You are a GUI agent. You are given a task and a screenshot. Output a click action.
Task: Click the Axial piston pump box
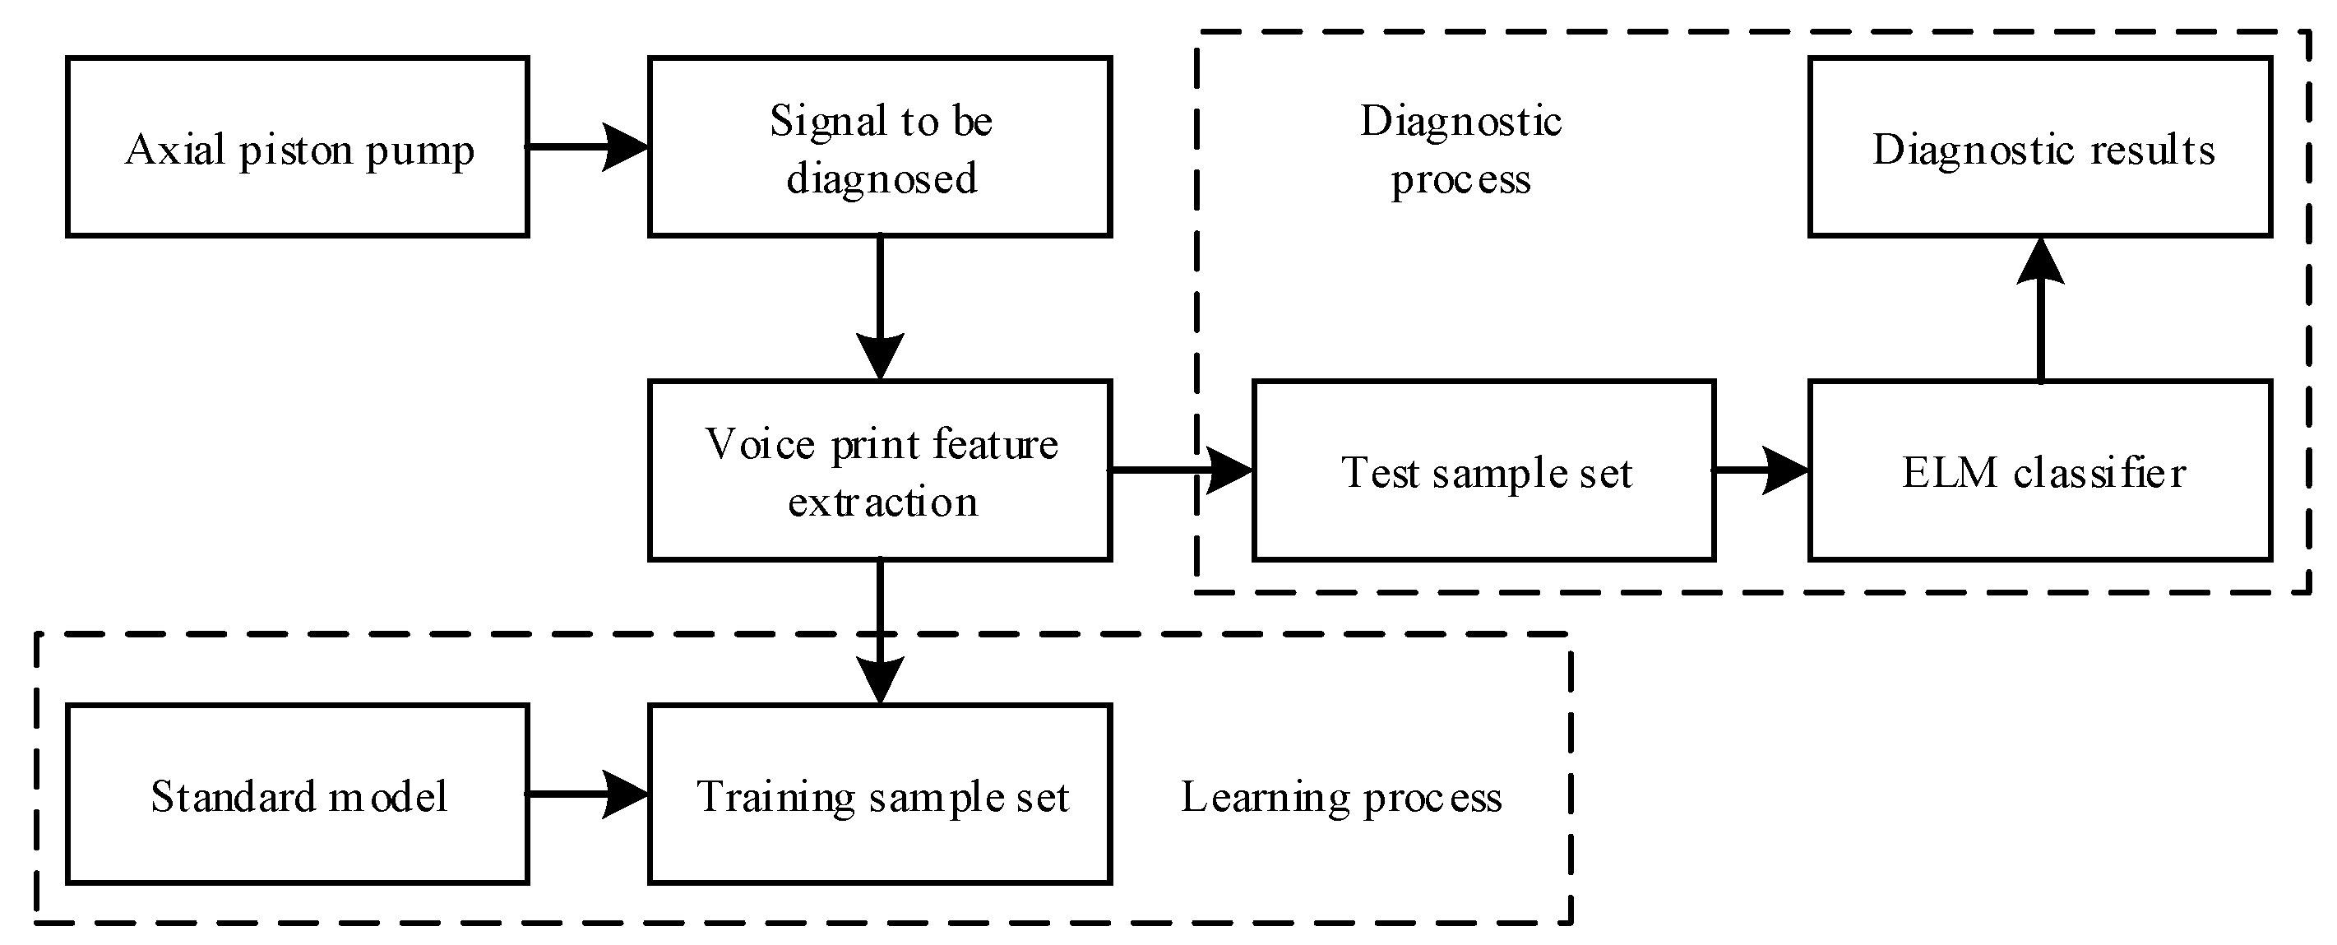coord(298,147)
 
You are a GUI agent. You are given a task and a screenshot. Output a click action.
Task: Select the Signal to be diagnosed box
coord(880,147)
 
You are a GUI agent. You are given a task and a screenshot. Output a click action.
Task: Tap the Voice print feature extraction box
coord(880,470)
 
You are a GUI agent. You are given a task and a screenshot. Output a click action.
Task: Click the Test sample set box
coord(1484,470)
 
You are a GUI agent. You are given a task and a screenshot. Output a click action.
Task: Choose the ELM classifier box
coord(2040,470)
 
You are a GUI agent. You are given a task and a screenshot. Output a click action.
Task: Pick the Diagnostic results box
coord(2040,147)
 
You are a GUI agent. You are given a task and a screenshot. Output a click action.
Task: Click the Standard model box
coord(298,794)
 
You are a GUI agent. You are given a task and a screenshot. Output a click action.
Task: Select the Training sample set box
coord(880,794)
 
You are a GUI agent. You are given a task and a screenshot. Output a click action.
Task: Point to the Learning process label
coord(1341,797)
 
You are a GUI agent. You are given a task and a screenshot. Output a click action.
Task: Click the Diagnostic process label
coord(1460,150)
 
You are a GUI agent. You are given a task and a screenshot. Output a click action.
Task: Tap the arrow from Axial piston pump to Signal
coord(588,147)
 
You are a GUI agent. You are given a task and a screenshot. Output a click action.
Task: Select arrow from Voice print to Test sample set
coord(1179,470)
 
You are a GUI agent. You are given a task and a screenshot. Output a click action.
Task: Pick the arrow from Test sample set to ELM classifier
coord(1760,470)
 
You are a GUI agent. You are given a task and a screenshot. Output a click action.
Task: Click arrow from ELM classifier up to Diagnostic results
coord(2040,308)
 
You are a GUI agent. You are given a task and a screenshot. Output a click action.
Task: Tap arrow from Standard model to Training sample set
coord(588,794)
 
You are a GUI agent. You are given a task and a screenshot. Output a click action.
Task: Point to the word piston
coord(296,151)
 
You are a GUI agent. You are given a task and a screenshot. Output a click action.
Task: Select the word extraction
coord(882,502)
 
